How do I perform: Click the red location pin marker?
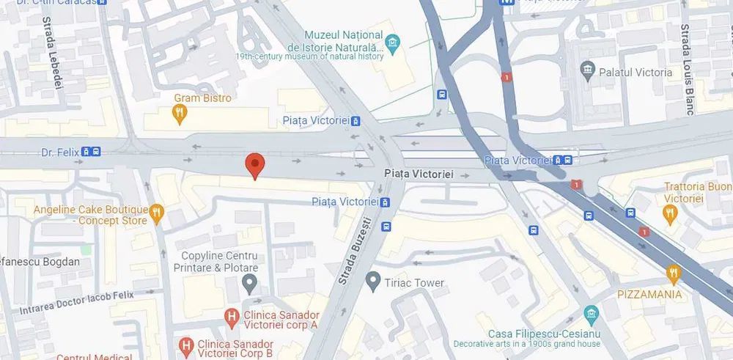tap(254, 165)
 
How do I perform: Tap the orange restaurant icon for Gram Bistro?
tap(180, 113)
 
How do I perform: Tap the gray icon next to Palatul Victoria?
tap(587, 72)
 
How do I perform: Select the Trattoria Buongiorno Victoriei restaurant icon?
tap(669, 213)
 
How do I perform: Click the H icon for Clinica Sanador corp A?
tap(231, 317)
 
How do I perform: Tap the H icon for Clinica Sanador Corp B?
tap(186, 344)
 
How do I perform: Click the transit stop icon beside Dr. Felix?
tap(91, 153)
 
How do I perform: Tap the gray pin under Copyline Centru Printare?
tap(251, 283)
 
